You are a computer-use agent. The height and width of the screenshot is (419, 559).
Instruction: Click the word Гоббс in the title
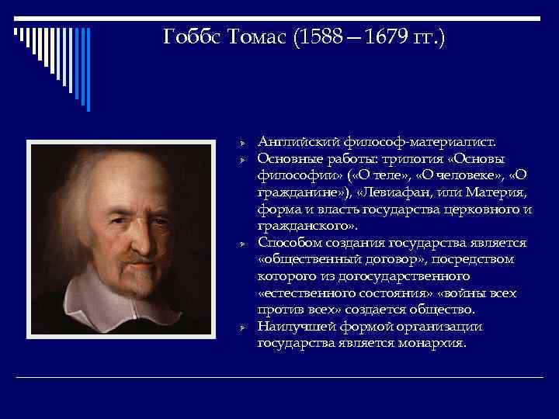point(189,36)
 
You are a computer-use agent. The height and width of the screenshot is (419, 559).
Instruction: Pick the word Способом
point(289,243)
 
